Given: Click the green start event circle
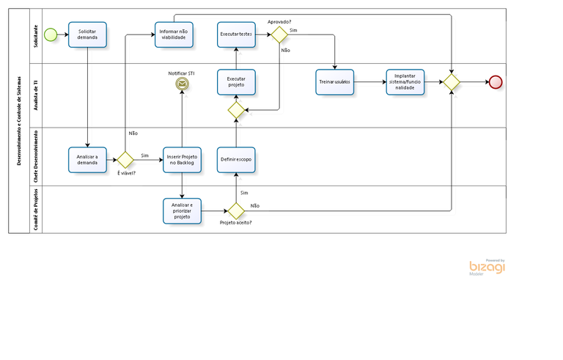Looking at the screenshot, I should [50, 34].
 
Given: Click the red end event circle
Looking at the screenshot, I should [495, 82].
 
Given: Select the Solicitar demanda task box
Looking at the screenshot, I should [87, 34].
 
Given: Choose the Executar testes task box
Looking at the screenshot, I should [236, 34].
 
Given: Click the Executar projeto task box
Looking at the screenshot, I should [236, 82].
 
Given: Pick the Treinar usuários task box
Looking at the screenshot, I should [335, 82].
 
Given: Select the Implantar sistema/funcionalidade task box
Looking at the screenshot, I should [405, 82].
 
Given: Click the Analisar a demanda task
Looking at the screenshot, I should [87, 158].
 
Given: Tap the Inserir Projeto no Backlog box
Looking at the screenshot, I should [181, 158].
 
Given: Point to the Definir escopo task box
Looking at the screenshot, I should [236, 158].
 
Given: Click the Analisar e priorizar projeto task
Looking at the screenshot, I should [181, 210].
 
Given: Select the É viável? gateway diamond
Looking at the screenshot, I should [125, 159].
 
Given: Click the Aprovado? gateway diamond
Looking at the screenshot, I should [279, 35].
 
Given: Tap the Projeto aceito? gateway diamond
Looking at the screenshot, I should [236, 210].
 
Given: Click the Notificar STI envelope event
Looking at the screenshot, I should [181, 85].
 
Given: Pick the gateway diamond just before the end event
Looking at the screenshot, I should [451, 82].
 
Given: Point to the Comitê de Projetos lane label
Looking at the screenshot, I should [34, 209].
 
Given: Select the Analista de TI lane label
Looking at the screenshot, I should [34, 95].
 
